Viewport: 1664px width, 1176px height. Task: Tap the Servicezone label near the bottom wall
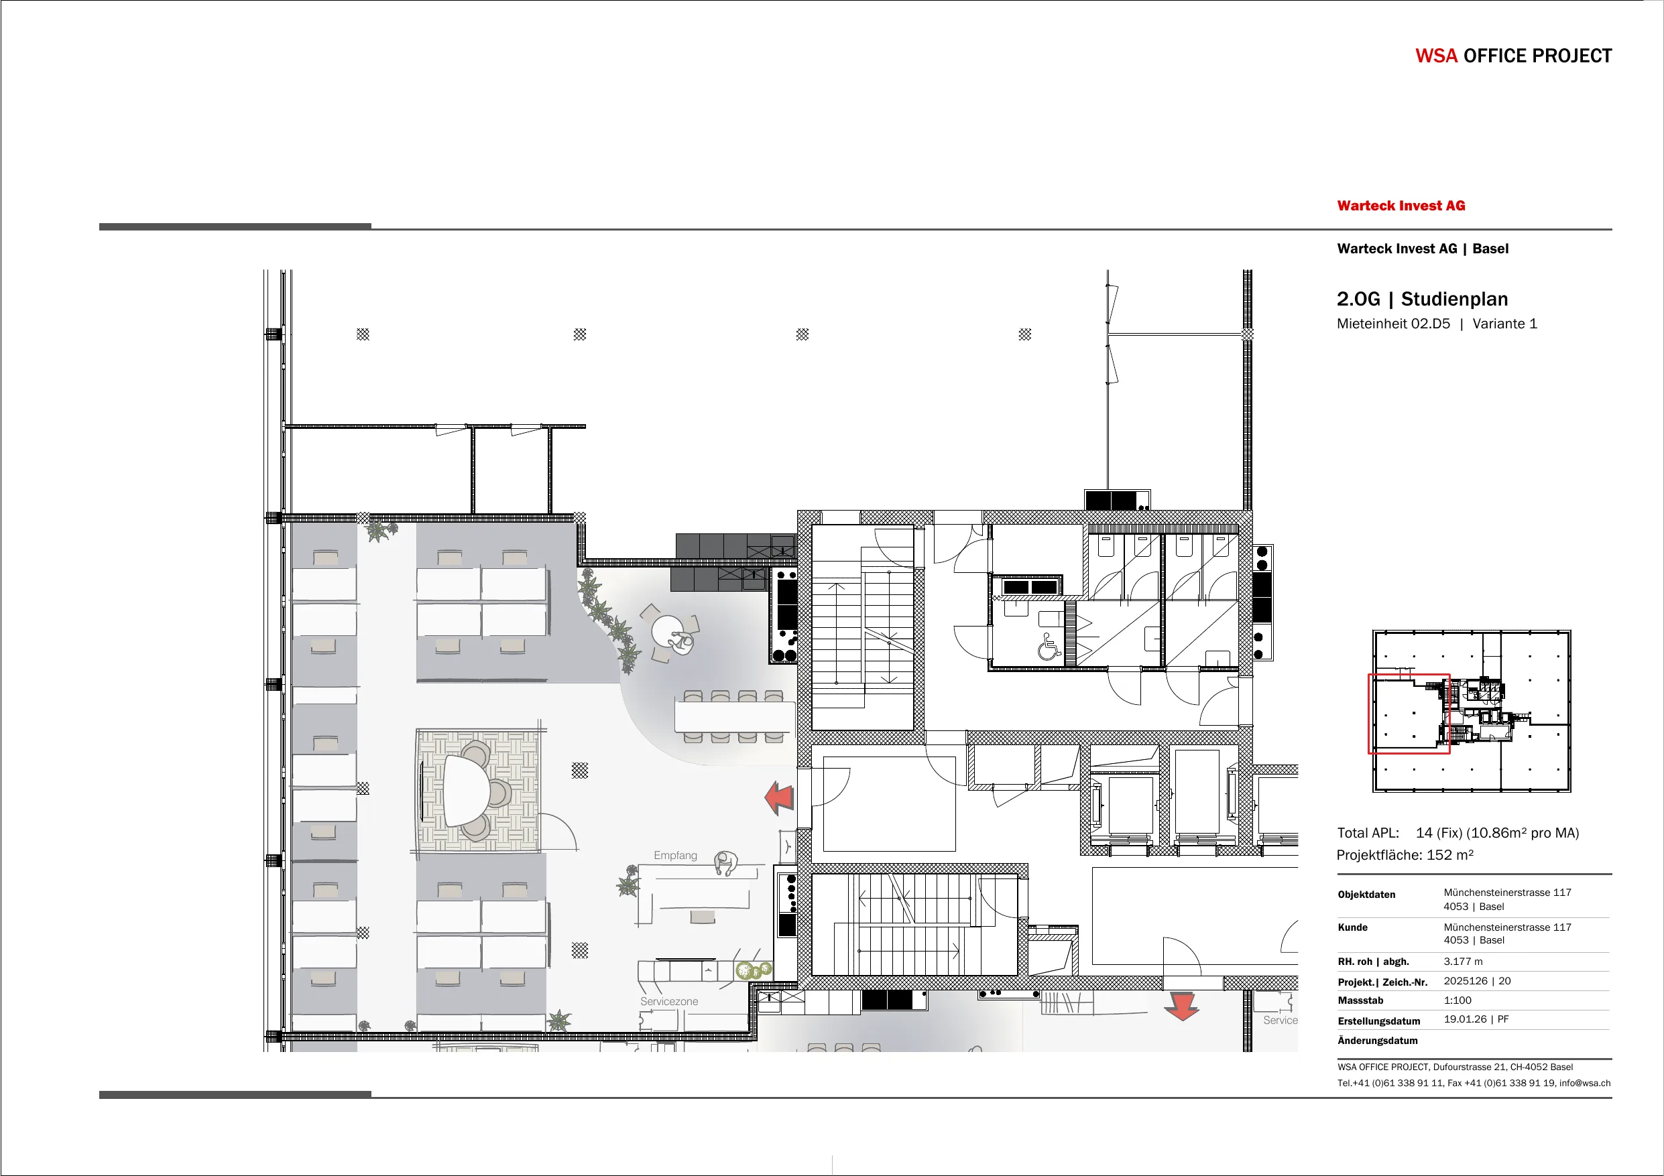pyautogui.click(x=669, y=1001)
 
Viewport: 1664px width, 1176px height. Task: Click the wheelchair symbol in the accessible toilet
pyautogui.click(x=1048, y=647)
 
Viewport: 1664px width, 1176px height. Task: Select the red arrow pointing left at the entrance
pyautogui.click(x=779, y=798)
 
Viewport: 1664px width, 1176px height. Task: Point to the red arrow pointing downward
pyautogui.click(x=1181, y=1006)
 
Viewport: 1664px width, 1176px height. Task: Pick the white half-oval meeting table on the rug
pyautogui.click(x=466, y=791)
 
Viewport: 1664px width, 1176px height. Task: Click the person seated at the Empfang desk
pyautogui.click(x=725, y=863)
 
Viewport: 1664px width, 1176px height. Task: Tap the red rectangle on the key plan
pyautogui.click(x=1408, y=714)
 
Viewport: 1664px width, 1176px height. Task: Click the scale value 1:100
pyautogui.click(x=1458, y=1000)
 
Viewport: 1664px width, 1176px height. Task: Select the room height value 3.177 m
pyautogui.click(x=1464, y=962)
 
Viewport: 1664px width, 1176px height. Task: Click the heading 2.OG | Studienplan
pyautogui.click(x=1422, y=300)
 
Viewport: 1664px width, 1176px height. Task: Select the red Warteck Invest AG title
pyautogui.click(x=1401, y=206)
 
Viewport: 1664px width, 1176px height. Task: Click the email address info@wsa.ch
pyautogui.click(x=1585, y=1084)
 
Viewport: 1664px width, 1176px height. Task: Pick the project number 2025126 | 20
pyautogui.click(x=1477, y=981)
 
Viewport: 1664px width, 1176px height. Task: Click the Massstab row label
pyautogui.click(x=1360, y=1000)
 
